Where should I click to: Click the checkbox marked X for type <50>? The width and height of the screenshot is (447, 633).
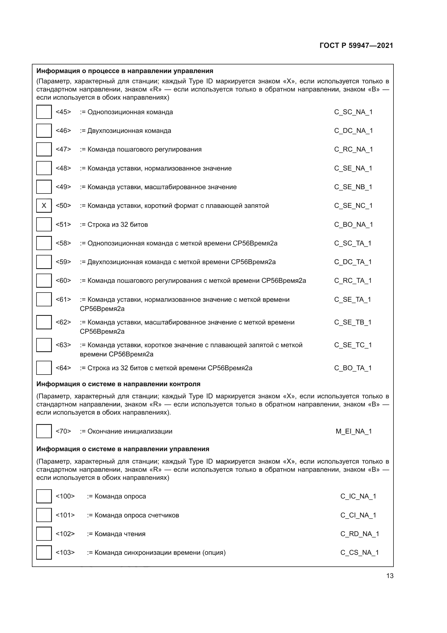pyautogui.click(x=44, y=206)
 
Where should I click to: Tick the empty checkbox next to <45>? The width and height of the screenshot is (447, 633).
pyautogui.click(x=44, y=112)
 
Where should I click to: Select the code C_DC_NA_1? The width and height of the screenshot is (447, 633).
pyautogui.click(x=353, y=131)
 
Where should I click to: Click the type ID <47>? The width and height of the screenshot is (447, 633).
pyautogui.click(x=63, y=149)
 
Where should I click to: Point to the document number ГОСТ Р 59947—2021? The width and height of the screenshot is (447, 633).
pyautogui.click(x=356, y=45)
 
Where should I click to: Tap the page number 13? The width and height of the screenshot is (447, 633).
pyautogui.click(x=390, y=576)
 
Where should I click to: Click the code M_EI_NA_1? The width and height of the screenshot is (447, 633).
pyautogui.click(x=354, y=431)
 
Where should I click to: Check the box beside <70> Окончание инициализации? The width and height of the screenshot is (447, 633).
pyautogui.click(x=44, y=431)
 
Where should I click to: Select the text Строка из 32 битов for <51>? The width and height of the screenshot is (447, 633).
pyautogui.click(x=118, y=224)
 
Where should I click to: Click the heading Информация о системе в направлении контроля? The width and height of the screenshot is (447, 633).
pyautogui.click(x=118, y=384)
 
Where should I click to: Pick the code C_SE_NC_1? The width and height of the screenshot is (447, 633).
pyautogui.click(x=353, y=206)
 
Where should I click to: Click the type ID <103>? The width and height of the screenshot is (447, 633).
pyautogui.click(x=65, y=553)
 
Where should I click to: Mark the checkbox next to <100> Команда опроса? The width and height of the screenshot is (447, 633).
pyautogui.click(x=44, y=496)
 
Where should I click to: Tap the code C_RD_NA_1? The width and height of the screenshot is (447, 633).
pyautogui.click(x=360, y=534)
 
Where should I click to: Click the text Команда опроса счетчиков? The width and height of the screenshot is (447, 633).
pyautogui.click(x=136, y=515)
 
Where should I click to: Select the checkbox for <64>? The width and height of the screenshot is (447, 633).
pyautogui.click(x=44, y=368)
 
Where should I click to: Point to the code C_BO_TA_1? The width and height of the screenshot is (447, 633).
pyautogui.click(x=353, y=368)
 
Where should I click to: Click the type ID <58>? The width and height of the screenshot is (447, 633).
pyautogui.click(x=63, y=243)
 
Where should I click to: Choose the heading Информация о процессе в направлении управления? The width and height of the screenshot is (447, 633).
pyautogui.click(x=125, y=71)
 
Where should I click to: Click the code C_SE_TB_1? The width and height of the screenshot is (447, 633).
pyautogui.click(x=353, y=322)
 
